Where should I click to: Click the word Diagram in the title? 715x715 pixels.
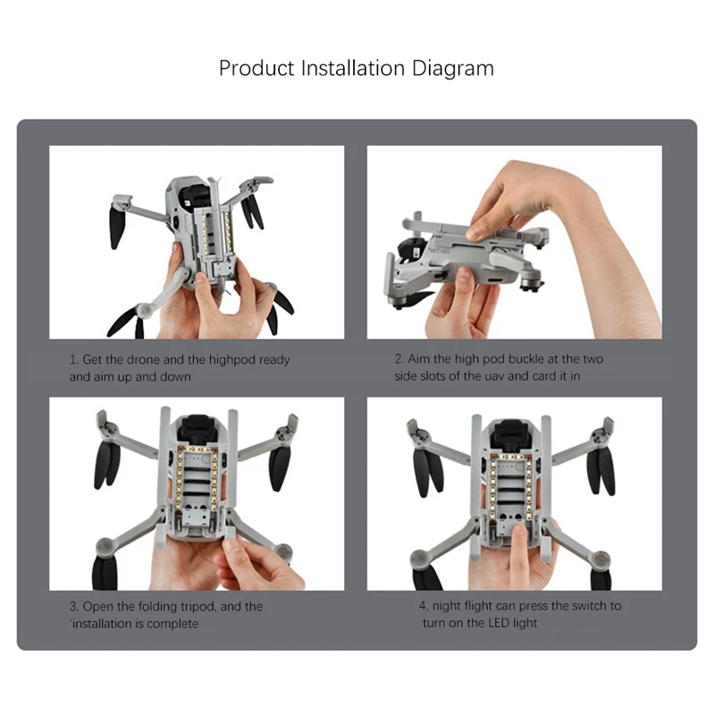pos(453,69)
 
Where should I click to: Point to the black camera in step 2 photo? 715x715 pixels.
pos(411,252)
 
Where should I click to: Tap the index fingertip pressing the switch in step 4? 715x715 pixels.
pos(518,530)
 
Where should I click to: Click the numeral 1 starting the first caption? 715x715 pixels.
pos(73,360)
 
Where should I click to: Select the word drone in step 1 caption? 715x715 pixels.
pos(143,360)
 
